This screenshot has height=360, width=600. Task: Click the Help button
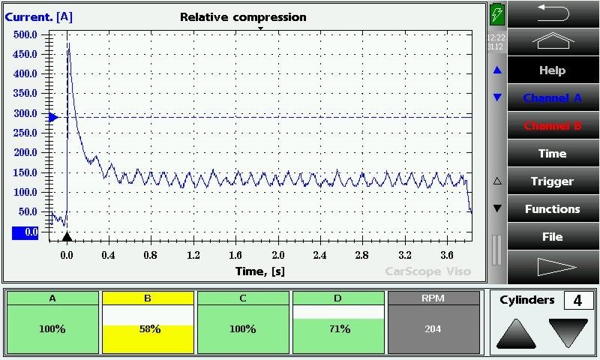(x=553, y=70)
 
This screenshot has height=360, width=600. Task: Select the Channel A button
(x=553, y=97)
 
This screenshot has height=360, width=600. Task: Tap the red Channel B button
(x=553, y=125)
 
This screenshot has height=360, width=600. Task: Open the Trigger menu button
(x=553, y=181)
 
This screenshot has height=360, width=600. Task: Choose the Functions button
(x=553, y=208)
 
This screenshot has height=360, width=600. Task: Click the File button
(x=553, y=236)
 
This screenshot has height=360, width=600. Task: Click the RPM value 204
(x=433, y=328)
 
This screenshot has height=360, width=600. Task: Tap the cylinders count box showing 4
(x=577, y=301)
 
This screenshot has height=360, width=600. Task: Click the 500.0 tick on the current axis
(x=25, y=34)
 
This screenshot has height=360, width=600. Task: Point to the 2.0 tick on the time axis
(x=277, y=255)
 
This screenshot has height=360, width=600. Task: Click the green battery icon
(x=496, y=15)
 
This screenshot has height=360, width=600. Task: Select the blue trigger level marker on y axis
(x=53, y=117)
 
